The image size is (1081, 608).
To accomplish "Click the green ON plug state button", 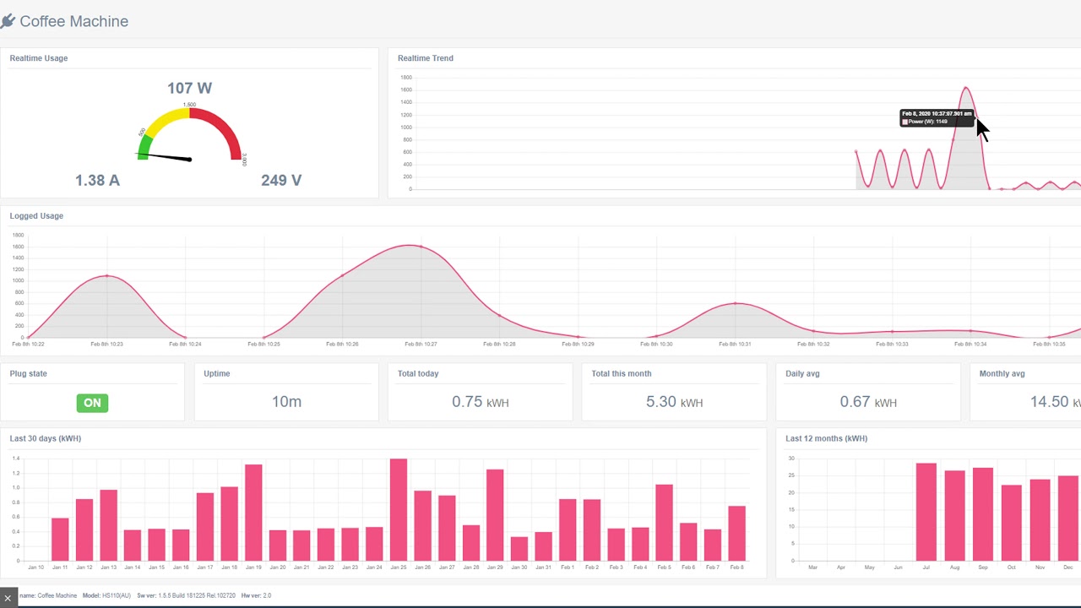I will tap(92, 403).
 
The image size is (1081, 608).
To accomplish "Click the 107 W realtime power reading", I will tap(189, 88).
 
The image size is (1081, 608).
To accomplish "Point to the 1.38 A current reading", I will tap(97, 180).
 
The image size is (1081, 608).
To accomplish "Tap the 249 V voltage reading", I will tap(281, 180).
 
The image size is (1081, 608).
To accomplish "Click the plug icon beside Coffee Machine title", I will tap(8, 21).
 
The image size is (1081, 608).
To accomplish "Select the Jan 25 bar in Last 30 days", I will tap(399, 509).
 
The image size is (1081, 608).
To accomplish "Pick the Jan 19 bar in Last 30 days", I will tap(253, 513).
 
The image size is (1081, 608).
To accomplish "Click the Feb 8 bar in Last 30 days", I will tap(736, 533).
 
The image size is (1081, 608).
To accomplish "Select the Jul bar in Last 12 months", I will tap(926, 512).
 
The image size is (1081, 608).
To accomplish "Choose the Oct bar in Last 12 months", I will tap(1011, 523).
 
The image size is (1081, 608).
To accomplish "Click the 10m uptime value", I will tap(286, 402).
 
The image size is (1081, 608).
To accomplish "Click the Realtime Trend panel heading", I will tap(426, 58).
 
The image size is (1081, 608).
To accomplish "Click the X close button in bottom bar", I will tap(8, 598).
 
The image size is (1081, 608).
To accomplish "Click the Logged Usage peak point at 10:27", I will tap(421, 247).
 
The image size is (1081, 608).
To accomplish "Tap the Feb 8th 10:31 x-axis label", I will tap(736, 344).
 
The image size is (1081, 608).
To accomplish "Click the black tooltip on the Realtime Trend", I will tap(936, 117).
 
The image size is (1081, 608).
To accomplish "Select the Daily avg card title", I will tap(802, 373).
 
